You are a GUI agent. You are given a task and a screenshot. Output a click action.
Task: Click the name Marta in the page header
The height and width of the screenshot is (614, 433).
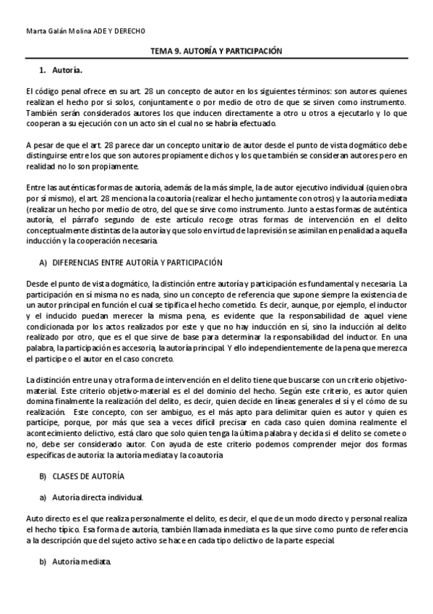[34, 31]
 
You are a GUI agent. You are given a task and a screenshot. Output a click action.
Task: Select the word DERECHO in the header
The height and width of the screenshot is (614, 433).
[130, 31]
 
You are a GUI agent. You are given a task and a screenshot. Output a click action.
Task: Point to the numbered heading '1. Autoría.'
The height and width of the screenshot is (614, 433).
[61, 70]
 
